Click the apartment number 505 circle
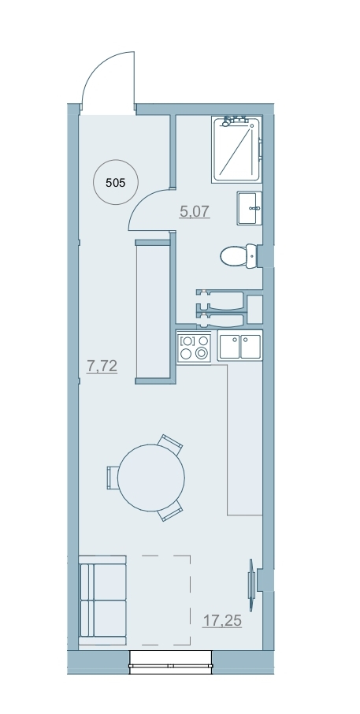(115, 183)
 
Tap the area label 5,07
(195, 211)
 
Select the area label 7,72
(102, 366)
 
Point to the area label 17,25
(221, 620)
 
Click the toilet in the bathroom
(239, 256)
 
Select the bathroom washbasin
(250, 208)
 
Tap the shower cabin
(237, 150)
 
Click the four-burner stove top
(195, 347)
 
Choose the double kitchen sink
(239, 347)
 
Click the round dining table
(151, 478)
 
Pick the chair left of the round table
(113, 478)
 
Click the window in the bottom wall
(171, 662)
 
